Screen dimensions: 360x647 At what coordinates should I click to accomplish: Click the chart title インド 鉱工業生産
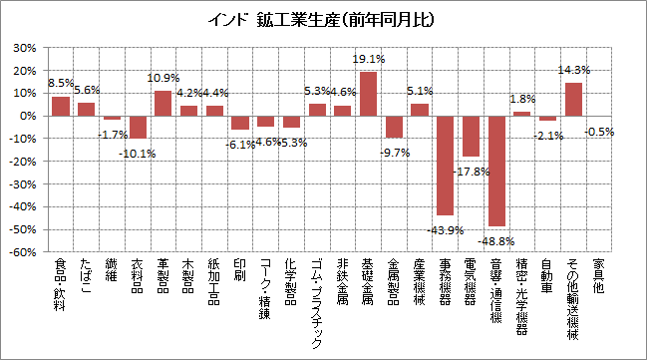pyautogui.click(x=324, y=19)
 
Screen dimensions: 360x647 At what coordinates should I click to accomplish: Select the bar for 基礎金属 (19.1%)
pyautogui.click(x=368, y=94)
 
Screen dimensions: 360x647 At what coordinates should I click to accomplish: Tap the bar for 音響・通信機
pyautogui.click(x=495, y=171)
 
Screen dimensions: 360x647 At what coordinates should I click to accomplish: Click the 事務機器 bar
pyautogui.click(x=445, y=166)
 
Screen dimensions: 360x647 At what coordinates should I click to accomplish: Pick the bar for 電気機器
pyautogui.click(x=471, y=136)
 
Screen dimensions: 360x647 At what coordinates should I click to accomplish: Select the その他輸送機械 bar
pyautogui.click(x=573, y=99)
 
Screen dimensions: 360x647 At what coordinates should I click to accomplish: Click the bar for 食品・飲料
pyautogui.click(x=61, y=106)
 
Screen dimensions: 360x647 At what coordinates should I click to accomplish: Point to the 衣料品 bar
pyautogui.click(x=138, y=127)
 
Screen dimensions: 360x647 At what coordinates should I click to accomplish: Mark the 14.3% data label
pyautogui.click(x=574, y=70)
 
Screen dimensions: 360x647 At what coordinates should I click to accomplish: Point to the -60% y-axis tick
pyautogui.click(x=23, y=252)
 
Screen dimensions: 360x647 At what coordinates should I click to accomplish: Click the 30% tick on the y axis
pyautogui.click(x=25, y=48)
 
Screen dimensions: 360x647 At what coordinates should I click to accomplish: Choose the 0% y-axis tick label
pyautogui.click(x=29, y=116)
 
